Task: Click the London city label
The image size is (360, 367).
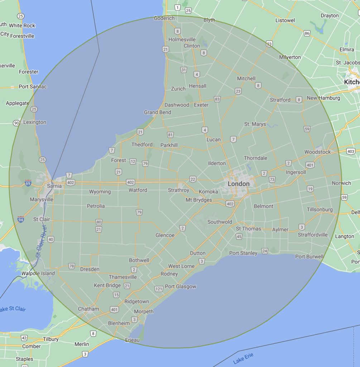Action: click(x=239, y=184)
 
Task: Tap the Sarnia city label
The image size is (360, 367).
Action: click(x=54, y=186)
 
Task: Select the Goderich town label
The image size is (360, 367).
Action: click(x=164, y=18)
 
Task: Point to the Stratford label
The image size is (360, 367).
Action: click(x=280, y=100)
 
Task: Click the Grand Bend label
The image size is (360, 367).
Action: click(x=158, y=112)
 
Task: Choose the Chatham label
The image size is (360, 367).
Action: click(x=88, y=309)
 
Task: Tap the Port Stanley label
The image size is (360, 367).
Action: click(x=243, y=253)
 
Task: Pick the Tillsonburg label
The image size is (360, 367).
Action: click(x=320, y=210)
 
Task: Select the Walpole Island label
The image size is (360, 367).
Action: click(x=38, y=273)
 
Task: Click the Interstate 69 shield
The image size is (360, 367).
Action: click(x=28, y=183)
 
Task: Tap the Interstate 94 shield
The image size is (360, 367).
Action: click(x=21, y=219)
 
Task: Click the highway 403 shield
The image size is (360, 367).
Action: click(x=351, y=151)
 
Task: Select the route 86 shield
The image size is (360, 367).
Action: click(x=307, y=33)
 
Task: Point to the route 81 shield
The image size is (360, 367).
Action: click(x=170, y=135)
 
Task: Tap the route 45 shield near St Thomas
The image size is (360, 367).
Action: click(x=239, y=237)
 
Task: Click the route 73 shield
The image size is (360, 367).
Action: click(x=272, y=179)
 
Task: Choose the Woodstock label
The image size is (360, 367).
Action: click(x=317, y=152)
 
